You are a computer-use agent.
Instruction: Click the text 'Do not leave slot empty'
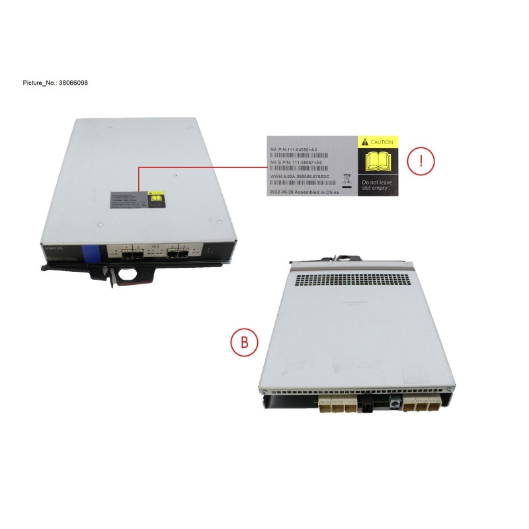pyautogui.click(x=376, y=185)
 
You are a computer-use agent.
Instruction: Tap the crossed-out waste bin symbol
pyautogui.click(x=346, y=178)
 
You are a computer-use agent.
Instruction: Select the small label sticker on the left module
pyautogui.click(x=136, y=200)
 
